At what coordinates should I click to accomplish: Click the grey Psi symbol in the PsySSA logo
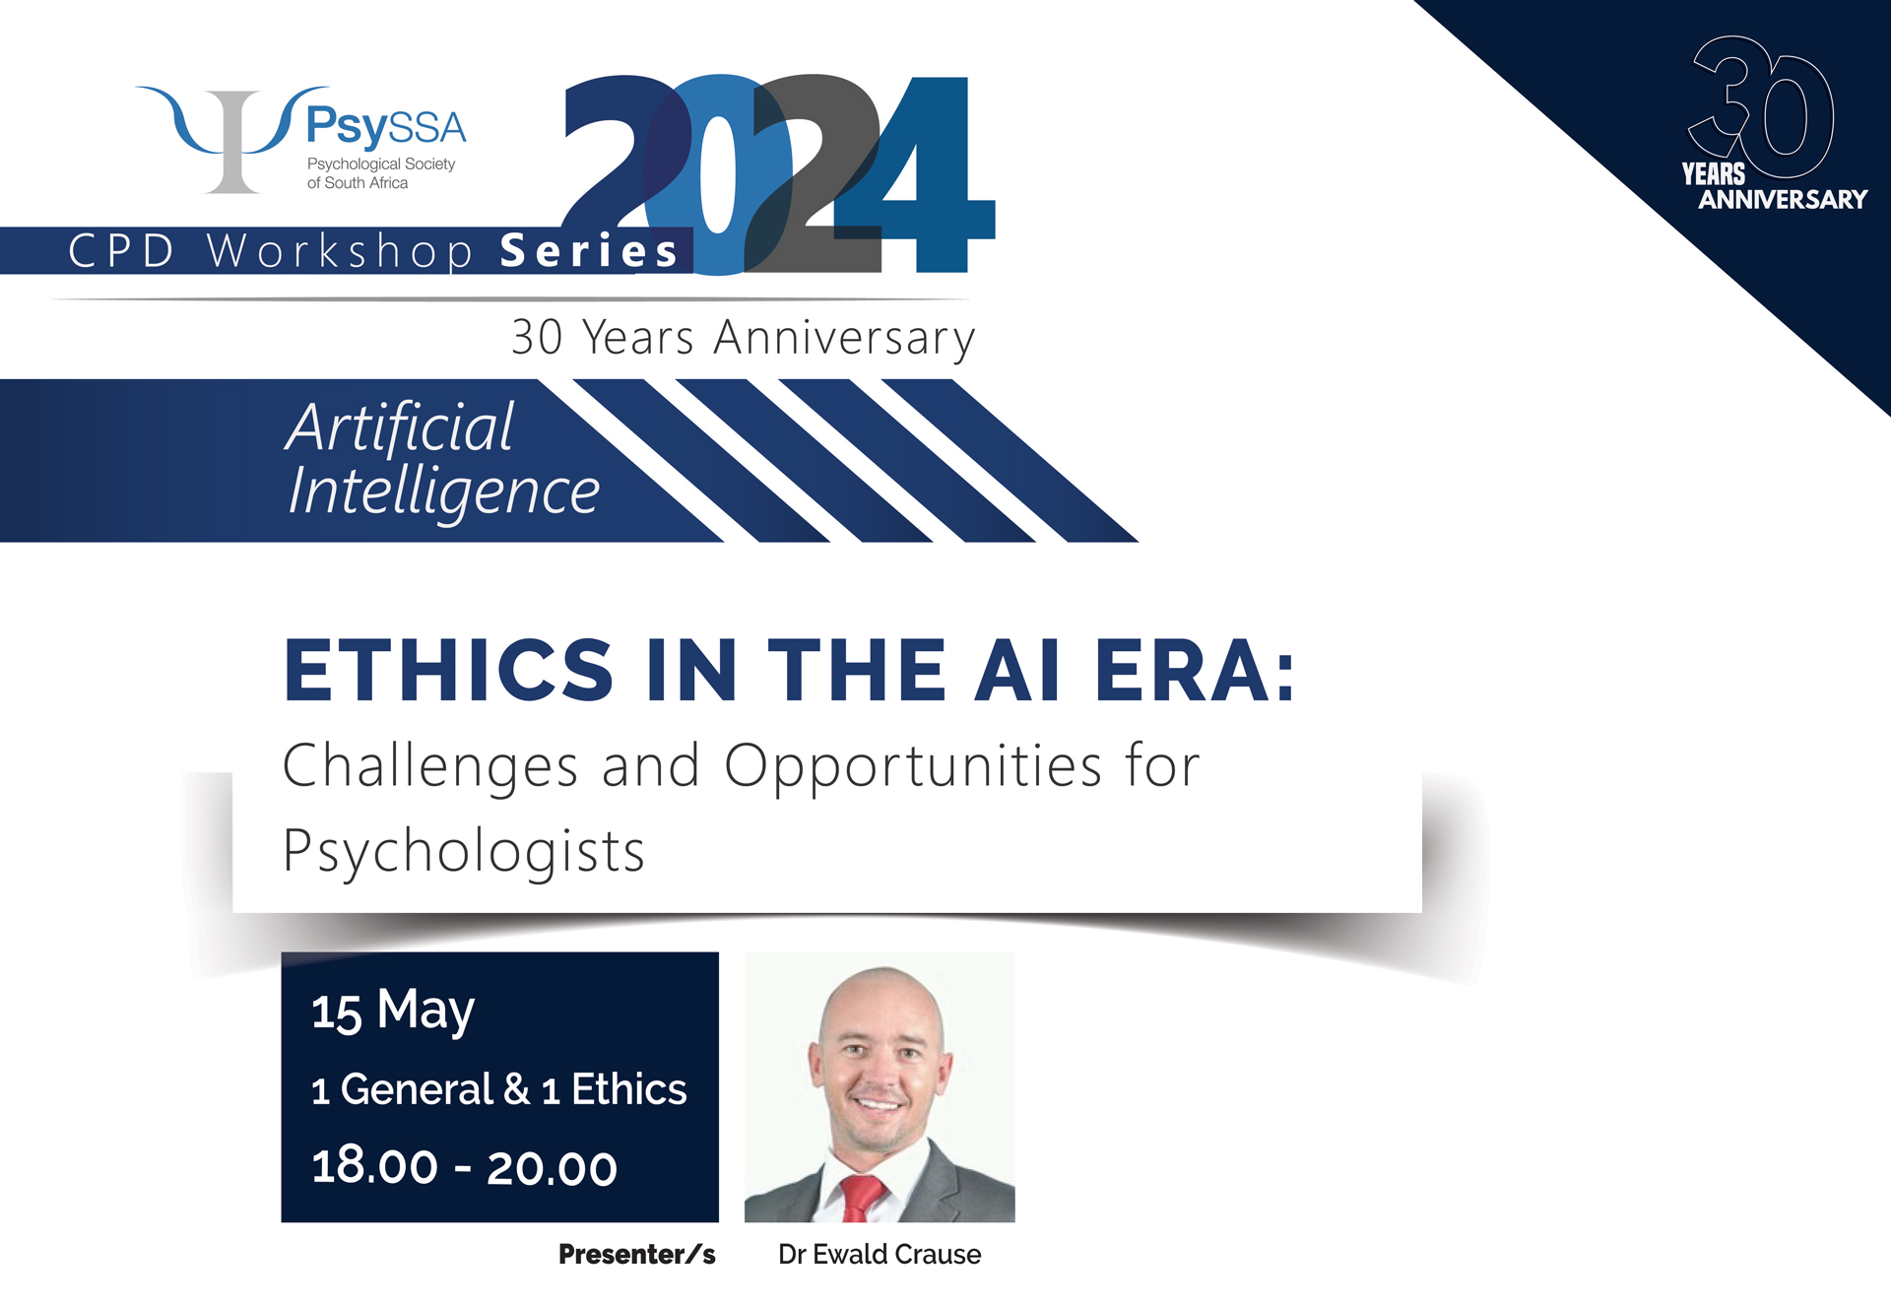pos(232,142)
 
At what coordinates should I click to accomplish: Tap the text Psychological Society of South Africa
pos(381,173)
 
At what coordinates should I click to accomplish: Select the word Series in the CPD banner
pos(589,251)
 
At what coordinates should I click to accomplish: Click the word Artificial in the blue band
pos(400,427)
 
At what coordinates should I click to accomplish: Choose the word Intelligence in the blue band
pos(444,492)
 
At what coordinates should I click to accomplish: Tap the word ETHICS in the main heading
pos(449,671)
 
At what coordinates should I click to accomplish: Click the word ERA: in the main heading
pos(1195,671)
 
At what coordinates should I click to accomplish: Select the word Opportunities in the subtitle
pos(913,767)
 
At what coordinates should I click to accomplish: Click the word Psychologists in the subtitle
pos(464,852)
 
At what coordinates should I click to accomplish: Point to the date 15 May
pos(393,1012)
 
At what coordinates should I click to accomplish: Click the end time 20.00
pos(552,1168)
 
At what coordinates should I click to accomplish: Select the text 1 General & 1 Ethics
pos(498,1089)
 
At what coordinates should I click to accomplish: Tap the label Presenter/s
pos(636,1254)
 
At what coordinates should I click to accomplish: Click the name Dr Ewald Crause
pos(880,1254)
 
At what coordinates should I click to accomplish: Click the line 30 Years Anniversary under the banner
pos(744,338)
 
